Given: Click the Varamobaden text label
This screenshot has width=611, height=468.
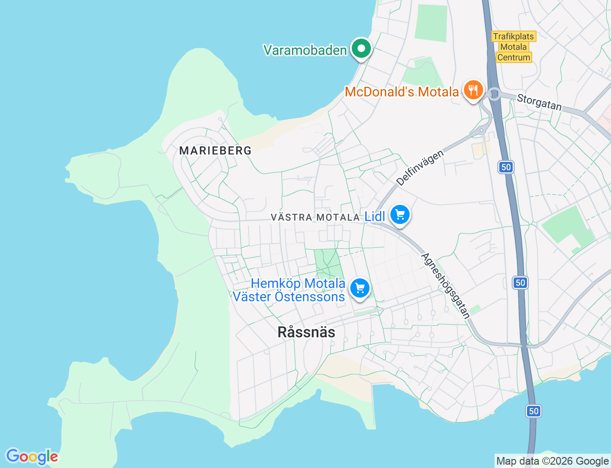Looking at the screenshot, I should [x=305, y=50].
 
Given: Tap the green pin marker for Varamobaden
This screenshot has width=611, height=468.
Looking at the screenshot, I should [x=362, y=48].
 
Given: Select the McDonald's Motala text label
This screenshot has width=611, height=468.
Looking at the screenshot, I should [x=402, y=92].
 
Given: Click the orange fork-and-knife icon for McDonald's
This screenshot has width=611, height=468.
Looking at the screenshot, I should [x=473, y=90].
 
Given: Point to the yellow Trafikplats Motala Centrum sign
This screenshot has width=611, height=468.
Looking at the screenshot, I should [x=514, y=47].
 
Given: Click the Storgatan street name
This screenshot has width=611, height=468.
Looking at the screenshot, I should [x=539, y=102].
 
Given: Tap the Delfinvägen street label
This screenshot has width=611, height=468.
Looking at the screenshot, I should [x=420, y=168].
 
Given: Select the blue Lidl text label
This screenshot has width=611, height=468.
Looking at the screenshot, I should [x=375, y=216].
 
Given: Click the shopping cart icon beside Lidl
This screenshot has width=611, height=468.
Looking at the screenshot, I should [x=400, y=215].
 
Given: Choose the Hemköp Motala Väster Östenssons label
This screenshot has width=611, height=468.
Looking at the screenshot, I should [x=289, y=290].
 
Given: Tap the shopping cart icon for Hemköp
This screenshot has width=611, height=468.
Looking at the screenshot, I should [x=360, y=288].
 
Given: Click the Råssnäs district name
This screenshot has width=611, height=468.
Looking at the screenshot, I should [x=306, y=332].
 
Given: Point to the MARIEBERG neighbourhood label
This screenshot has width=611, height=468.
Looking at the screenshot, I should [x=215, y=150].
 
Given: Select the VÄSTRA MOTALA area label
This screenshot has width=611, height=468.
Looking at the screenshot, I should [x=315, y=217].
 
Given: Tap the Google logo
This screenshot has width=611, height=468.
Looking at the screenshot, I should [x=32, y=457].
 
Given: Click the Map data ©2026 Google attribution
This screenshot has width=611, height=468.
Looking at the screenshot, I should [x=552, y=461].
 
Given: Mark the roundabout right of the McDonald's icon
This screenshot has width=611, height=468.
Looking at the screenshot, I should [x=495, y=94].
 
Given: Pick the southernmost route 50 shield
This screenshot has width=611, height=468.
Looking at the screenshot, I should [x=534, y=411].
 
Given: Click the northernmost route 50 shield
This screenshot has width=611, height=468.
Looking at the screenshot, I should [x=506, y=167].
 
